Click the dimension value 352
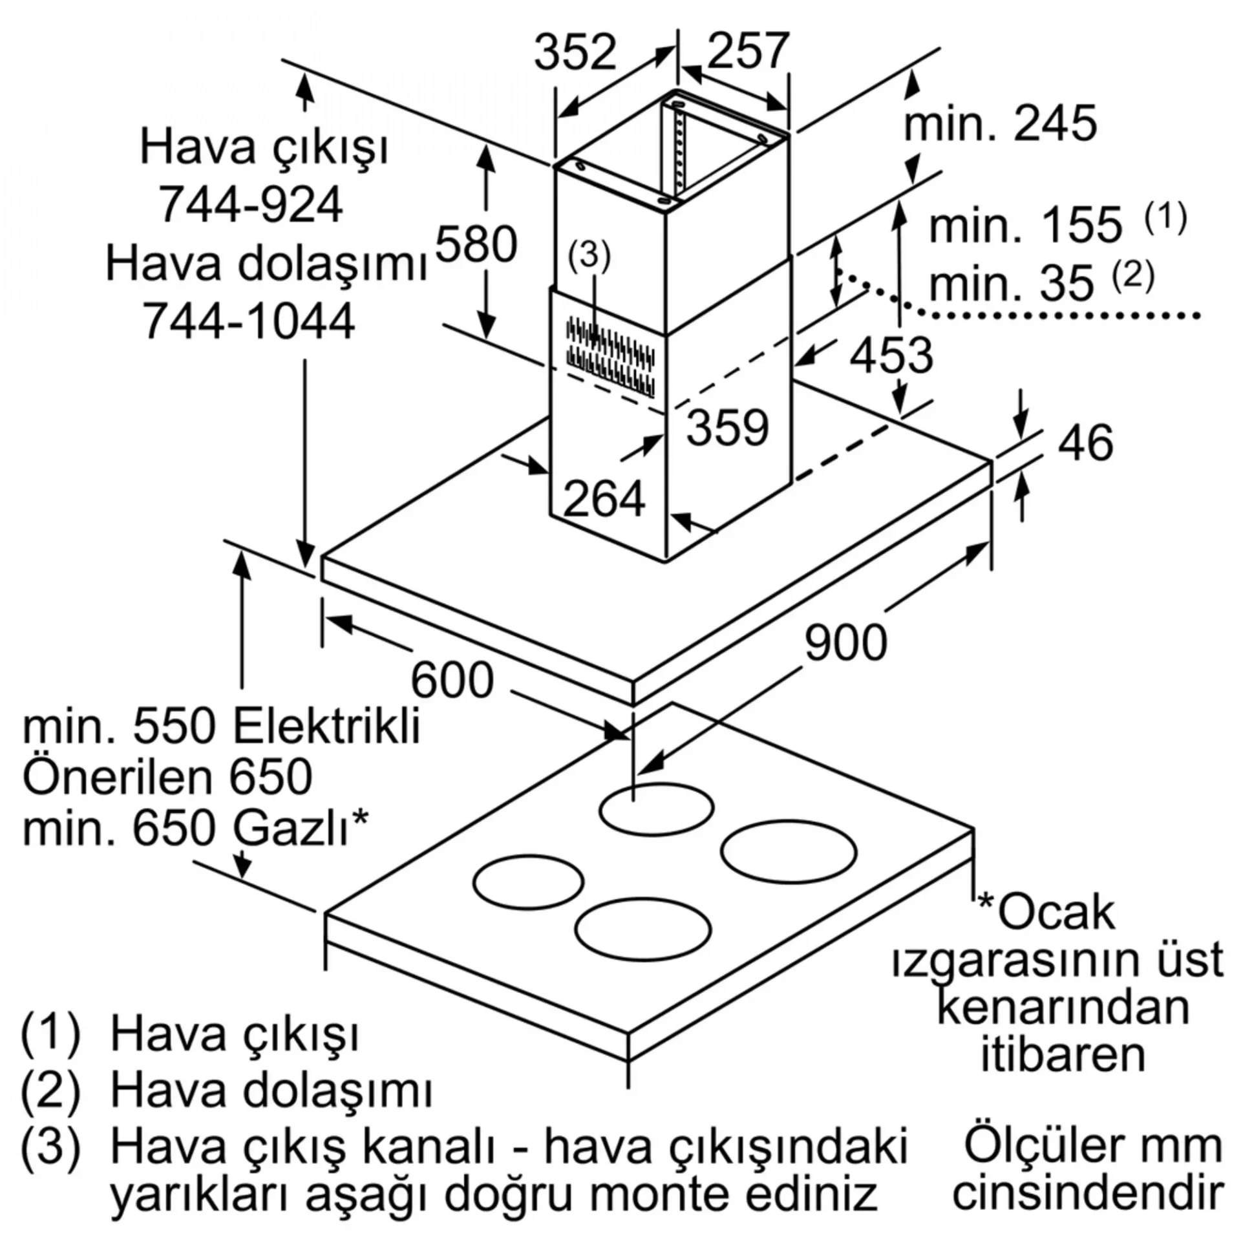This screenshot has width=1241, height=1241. tap(575, 52)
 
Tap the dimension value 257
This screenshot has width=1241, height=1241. tap(748, 50)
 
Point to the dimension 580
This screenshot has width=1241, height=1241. tap(476, 244)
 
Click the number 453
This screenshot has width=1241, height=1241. tap(891, 355)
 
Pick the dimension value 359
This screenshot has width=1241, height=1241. tap(727, 427)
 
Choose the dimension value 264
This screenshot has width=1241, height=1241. tap(604, 498)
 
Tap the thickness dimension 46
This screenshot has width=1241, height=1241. tap(1087, 443)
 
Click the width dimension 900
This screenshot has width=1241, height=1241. tap(845, 642)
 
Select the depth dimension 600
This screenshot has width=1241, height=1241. tap(452, 680)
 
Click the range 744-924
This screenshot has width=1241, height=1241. tap(251, 204)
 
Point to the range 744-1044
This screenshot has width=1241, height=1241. tap(249, 321)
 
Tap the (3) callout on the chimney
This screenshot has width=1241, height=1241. tap(589, 255)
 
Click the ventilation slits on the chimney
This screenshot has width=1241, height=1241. tap(610, 357)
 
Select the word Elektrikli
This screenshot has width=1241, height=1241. tap(326, 726)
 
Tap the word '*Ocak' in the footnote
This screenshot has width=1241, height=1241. tap(1046, 913)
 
